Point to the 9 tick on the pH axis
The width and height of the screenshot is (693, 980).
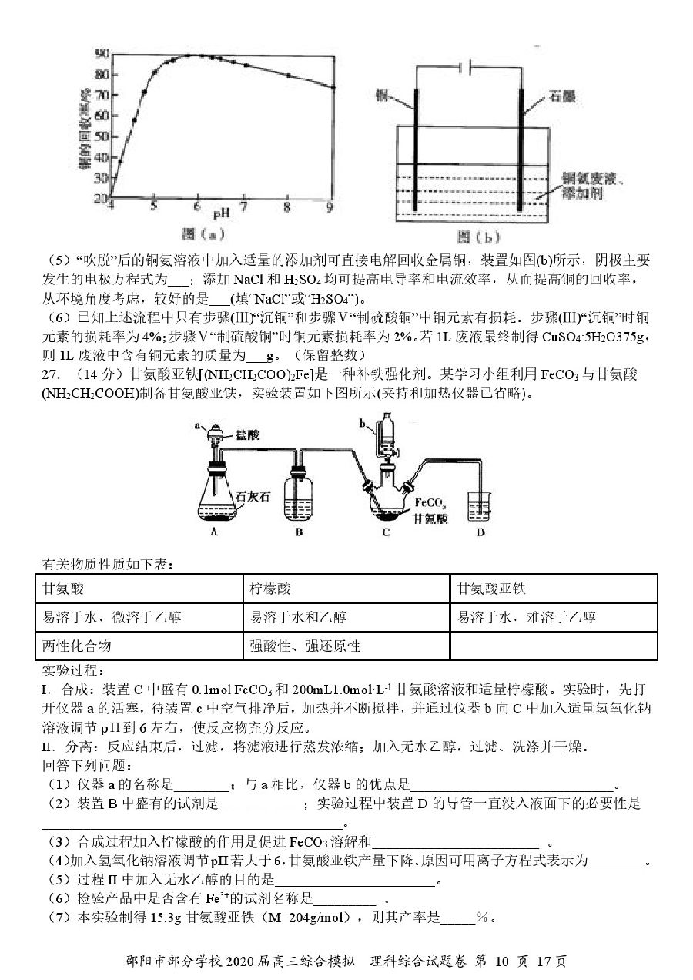click(330, 206)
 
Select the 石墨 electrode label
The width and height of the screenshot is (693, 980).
click(562, 96)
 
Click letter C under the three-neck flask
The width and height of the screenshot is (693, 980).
click(386, 532)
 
